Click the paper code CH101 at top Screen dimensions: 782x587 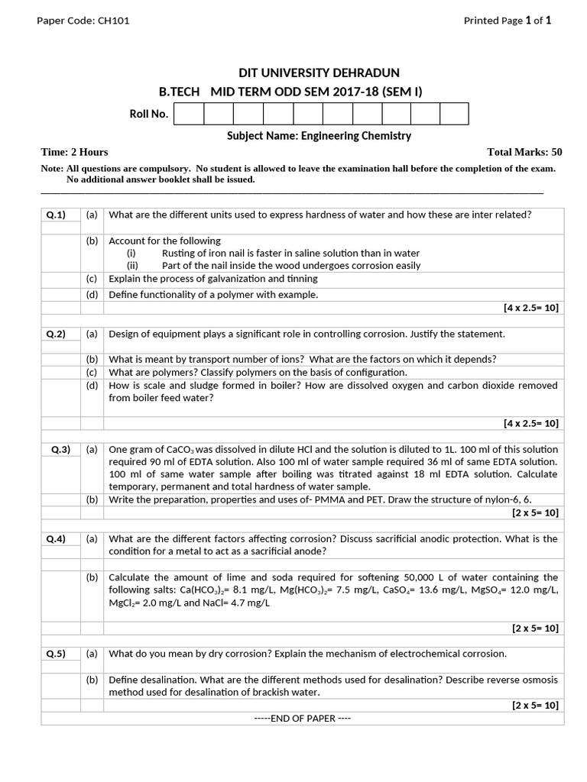[113, 21]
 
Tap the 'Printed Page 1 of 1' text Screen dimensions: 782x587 [507, 21]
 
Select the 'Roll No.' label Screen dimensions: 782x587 [148, 114]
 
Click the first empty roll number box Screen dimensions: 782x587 [189, 114]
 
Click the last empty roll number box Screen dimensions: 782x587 [454, 114]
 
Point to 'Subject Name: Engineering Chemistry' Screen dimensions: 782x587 [319, 136]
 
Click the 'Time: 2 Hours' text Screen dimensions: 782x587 [74, 152]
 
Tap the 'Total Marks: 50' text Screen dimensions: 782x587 [524, 152]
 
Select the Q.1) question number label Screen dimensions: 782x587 [56, 215]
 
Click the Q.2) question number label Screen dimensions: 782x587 [56, 334]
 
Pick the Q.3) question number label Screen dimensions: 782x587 [60, 450]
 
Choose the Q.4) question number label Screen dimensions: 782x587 [56, 538]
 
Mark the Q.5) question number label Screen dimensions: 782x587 [56, 654]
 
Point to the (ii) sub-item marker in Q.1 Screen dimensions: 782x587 [131, 266]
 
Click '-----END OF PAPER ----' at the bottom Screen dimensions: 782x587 [302, 719]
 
